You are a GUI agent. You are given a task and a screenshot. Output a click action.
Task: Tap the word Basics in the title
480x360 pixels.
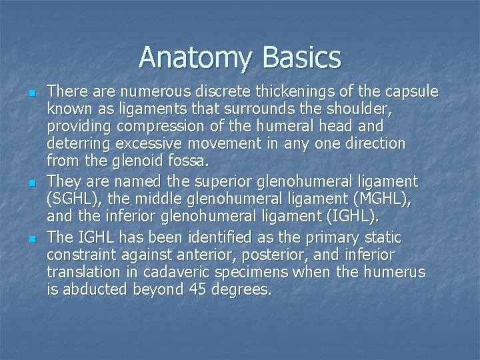[302, 58]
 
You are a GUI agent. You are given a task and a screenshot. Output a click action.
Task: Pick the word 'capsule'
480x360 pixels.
[410, 91]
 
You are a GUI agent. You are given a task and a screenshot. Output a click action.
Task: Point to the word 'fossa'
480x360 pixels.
[200, 161]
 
